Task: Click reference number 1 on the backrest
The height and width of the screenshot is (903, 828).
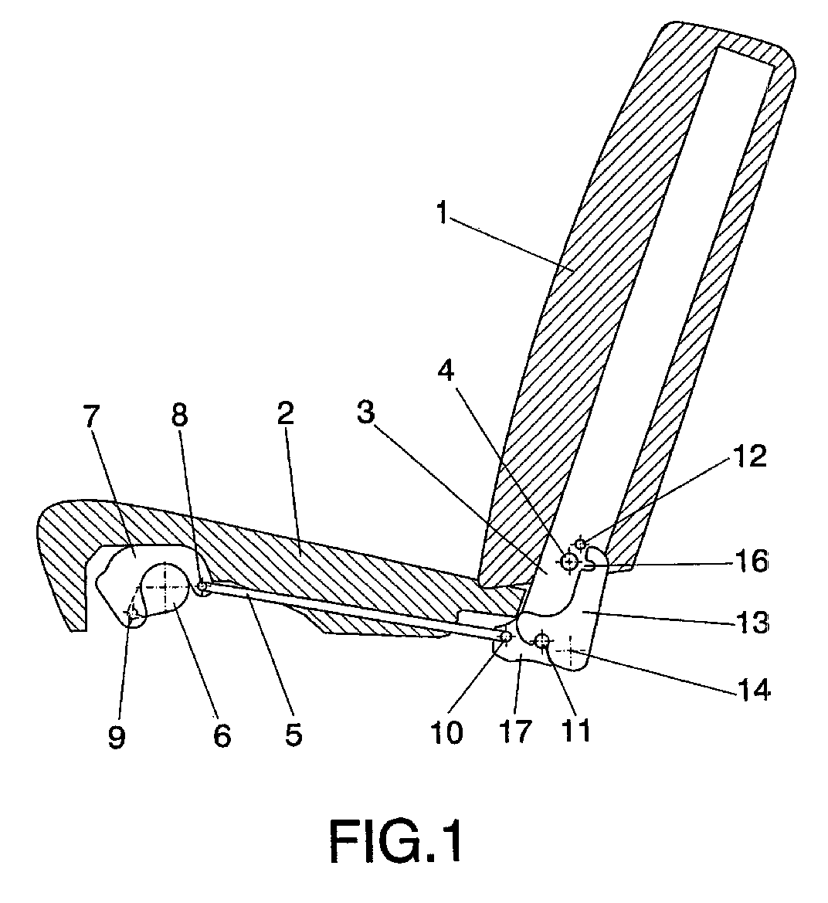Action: pyautogui.click(x=442, y=214)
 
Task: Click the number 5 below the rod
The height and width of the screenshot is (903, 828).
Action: pyautogui.click(x=293, y=734)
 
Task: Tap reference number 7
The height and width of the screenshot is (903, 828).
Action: pyautogui.click(x=91, y=416)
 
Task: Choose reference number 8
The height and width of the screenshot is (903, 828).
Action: pyautogui.click(x=180, y=413)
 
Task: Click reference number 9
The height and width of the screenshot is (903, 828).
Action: pyautogui.click(x=117, y=736)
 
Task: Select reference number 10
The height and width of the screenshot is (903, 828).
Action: pyautogui.click(x=446, y=732)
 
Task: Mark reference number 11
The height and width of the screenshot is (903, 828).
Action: pyautogui.click(x=576, y=731)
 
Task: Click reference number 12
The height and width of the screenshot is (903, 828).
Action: pyautogui.click(x=750, y=456)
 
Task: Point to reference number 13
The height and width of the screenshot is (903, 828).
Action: pyautogui.click(x=752, y=622)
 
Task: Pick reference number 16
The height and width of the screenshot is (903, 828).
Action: pyautogui.click(x=752, y=561)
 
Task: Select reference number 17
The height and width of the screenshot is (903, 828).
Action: pyautogui.click(x=514, y=732)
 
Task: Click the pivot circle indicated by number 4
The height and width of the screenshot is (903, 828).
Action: pyautogui.click(x=569, y=562)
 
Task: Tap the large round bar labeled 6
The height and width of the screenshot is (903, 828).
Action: pyautogui.click(x=165, y=587)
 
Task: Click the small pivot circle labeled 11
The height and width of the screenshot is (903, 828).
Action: pyautogui.click(x=541, y=640)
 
